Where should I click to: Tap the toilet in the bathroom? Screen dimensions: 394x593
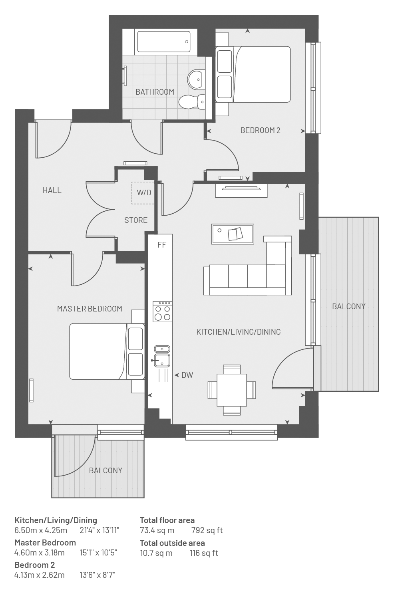pyautogui.click(x=192, y=102)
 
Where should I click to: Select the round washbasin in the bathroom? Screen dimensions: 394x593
pyautogui.click(x=196, y=79)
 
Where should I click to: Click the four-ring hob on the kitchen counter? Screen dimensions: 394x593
pyautogui.click(x=162, y=311)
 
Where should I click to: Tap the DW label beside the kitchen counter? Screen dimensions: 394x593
pyautogui.click(x=187, y=375)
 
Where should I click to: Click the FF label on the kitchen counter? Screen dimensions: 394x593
pyautogui.click(x=161, y=245)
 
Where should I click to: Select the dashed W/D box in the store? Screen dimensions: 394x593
pyautogui.click(x=143, y=193)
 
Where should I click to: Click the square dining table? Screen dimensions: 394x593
pyautogui.click(x=232, y=390)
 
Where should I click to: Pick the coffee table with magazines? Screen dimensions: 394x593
pyautogui.click(x=233, y=234)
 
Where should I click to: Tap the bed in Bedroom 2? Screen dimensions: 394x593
pyautogui.click(x=253, y=74)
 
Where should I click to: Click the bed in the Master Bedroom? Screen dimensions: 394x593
pyautogui.click(x=107, y=351)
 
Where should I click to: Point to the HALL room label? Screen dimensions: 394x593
pyautogui.click(x=52, y=190)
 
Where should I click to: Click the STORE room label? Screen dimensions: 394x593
pyautogui.click(x=136, y=220)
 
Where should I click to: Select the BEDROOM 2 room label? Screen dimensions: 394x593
pyautogui.click(x=260, y=130)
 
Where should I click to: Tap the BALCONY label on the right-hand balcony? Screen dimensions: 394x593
pyautogui.click(x=349, y=306)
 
